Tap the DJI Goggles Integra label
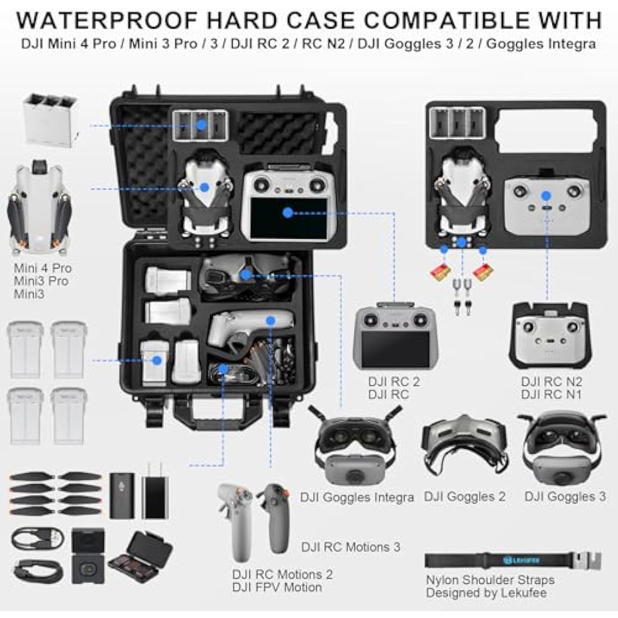[x=357, y=497]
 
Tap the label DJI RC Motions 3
[x=351, y=547]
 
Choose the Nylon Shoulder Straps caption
[x=490, y=580]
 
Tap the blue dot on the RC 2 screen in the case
[x=288, y=212]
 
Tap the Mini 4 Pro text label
[x=43, y=268]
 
